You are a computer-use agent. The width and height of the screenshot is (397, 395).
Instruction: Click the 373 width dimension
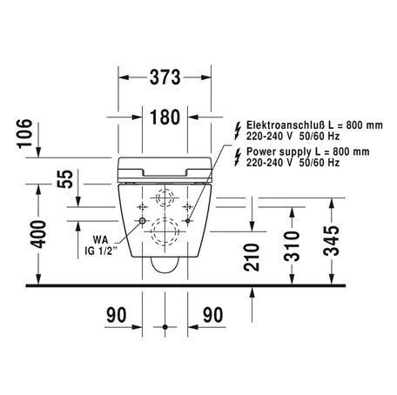tap(165, 77)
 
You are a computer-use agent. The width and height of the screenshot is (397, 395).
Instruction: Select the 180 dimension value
tap(165, 117)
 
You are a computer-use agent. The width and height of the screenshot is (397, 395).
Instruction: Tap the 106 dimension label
tap(24, 134)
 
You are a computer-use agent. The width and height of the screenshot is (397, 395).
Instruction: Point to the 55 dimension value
tap(65, 179)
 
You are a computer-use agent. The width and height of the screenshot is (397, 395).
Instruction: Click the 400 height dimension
tap(38, 234)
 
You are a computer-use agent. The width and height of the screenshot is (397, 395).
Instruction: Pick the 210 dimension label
tap(252, 258)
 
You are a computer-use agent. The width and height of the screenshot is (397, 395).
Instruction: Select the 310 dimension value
tap(292, 246)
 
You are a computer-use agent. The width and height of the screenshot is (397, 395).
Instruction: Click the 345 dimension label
tap(331, 240)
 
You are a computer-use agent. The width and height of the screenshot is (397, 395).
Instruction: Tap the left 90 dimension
tap(117, 315)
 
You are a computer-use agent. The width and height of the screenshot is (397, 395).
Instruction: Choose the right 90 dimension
tap(213, 315)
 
